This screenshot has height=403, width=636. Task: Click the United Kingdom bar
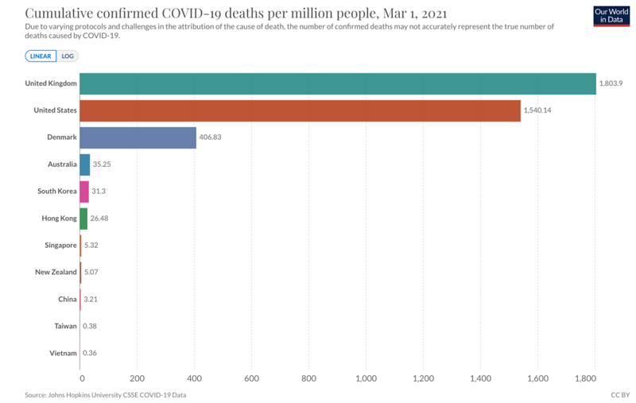point(338,83)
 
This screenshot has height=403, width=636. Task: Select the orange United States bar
point(301,110)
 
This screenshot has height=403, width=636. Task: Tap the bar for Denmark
point(138,138)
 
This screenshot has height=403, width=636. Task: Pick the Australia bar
point(85,165)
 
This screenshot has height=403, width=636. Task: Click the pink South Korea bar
point(84,192)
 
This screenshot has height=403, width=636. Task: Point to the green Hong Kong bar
point(83,219)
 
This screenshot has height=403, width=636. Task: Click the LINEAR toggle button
point(40,56)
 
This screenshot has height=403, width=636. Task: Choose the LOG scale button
point(68,56)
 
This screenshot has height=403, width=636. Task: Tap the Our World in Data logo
point(611,16)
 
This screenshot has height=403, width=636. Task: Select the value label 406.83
point(210,138)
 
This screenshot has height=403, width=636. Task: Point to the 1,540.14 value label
point(537,110)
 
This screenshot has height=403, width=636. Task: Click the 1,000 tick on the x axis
point(366,378)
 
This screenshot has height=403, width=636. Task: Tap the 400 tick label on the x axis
point(194,378)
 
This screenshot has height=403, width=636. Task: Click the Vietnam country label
point(64,353)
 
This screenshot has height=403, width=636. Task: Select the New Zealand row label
point(56,272)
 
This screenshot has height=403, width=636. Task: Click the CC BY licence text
point(619,395)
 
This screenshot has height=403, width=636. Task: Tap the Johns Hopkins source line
point(106,395)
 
